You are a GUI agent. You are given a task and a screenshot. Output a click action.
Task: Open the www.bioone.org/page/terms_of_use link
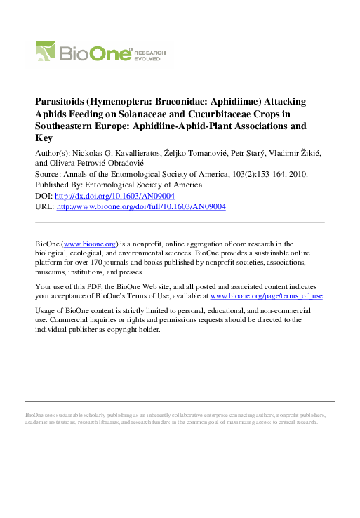tap(267, 296)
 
